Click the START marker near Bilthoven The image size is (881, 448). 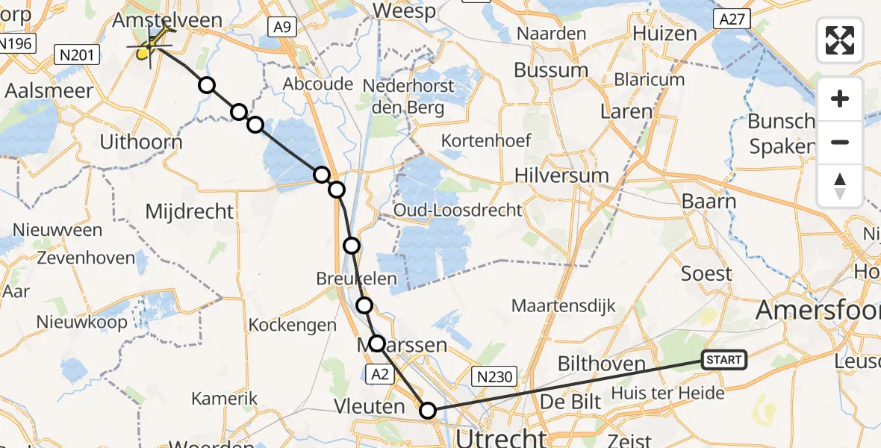[723, 361]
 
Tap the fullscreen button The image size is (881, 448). [840, 40]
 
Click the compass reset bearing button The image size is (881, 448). [840, 186]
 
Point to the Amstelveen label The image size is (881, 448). [166, 21]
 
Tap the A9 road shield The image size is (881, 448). [281, 28]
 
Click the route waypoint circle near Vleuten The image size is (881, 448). [428, 410]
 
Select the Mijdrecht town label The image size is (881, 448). [190, 211]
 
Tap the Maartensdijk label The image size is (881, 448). [563, 305]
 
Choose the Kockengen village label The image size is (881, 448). [293, 326]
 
